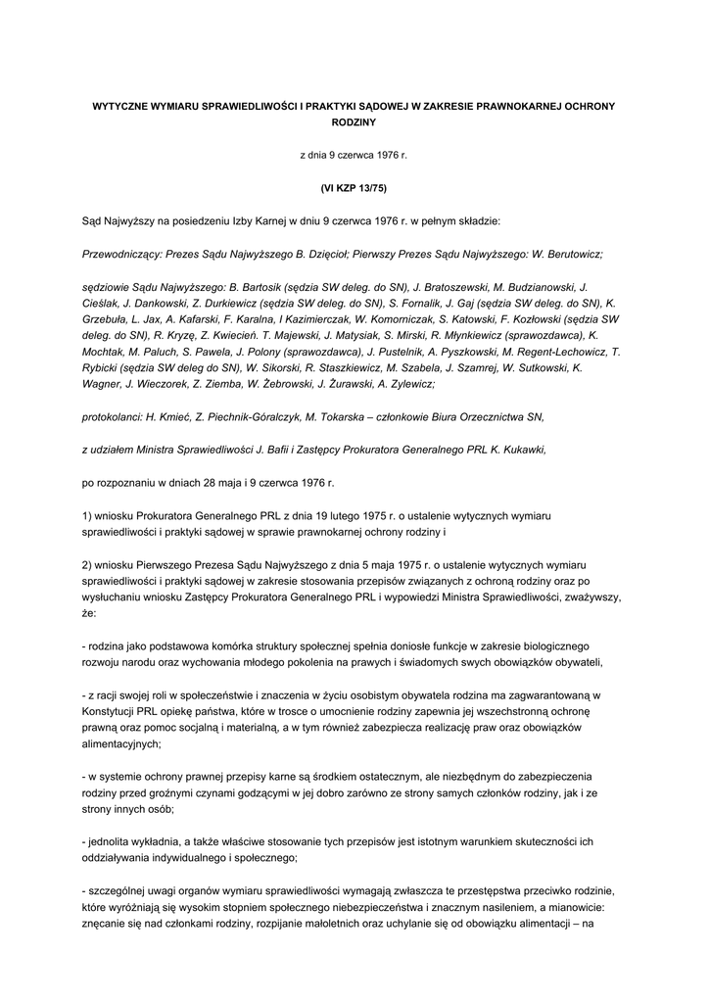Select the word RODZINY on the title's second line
coord(354,122)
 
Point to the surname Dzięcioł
coord(328,252)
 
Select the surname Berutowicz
coord(571,252)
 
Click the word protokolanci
coord(113,416)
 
